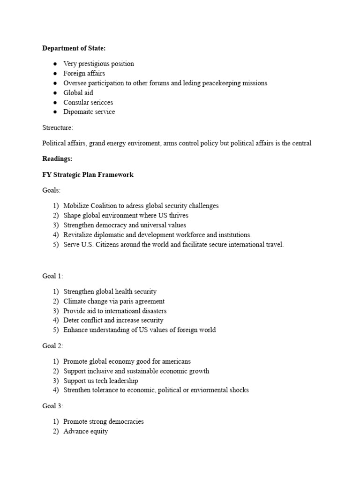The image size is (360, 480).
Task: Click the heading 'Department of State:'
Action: [x=74, y=48]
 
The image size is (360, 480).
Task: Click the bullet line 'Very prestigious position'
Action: [x=98, y=64]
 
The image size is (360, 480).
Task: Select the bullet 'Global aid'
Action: [x=78, y=93]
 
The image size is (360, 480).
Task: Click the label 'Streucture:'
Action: [x=58, y=128]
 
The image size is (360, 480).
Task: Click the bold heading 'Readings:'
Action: [x=57, y=159]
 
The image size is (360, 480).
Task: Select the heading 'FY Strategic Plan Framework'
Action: [x=88, y=175]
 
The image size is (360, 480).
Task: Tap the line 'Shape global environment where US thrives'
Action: [x=126, y=216]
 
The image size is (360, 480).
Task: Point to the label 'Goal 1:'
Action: [x=52, y=276]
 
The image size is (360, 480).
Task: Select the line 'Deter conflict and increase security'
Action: [x=113, y=321]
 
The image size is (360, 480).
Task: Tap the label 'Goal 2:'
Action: [x=52, y=346]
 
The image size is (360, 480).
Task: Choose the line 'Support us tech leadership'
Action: [x=101, y=381]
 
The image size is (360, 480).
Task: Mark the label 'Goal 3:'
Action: [x=52, y=406]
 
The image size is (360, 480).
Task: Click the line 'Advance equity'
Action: [x=85, y=431]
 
